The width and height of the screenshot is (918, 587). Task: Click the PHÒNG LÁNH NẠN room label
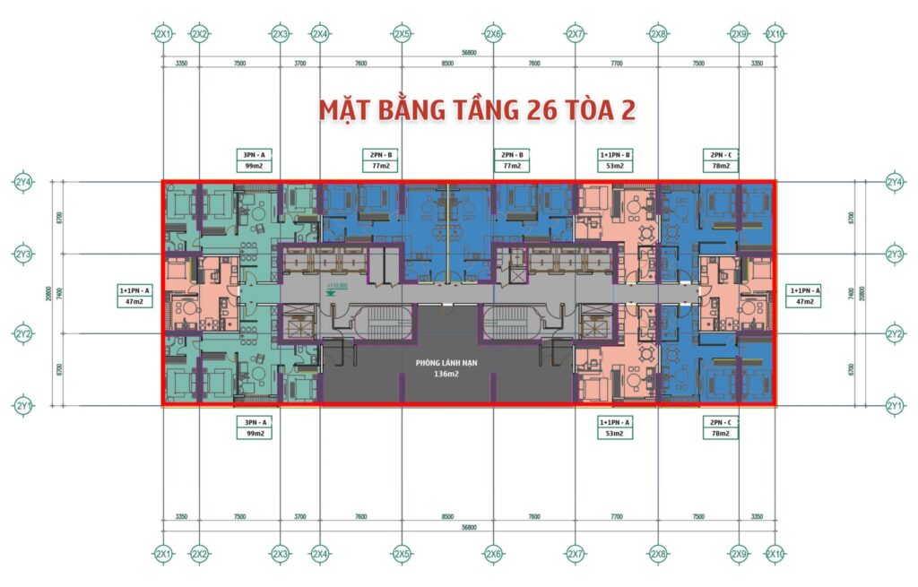[x=446, y=363]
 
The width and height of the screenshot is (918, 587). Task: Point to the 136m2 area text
[x=446, y=376]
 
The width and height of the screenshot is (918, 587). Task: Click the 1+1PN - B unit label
[x=615, y=154]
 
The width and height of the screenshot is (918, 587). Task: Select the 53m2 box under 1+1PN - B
[x=615, y=166]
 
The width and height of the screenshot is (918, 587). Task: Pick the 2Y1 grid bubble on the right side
[x=894, y=406]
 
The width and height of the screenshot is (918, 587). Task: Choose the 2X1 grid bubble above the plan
[x=163, y=34]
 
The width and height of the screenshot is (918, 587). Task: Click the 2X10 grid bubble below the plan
[x=775, y=555]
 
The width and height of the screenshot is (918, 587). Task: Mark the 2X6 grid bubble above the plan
[x=492, y=34]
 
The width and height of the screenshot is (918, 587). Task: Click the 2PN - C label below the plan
[x=722, y=421]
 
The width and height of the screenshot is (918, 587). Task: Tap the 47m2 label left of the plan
[x=134, y=303]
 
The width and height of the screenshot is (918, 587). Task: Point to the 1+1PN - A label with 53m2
[x=615, y=421]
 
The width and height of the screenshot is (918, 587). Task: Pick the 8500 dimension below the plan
[x=446, y=516]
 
